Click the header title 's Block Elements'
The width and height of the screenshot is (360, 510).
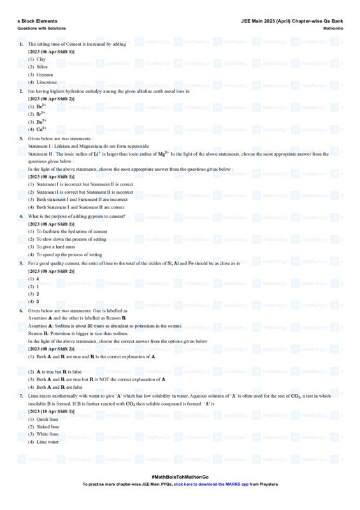tap(37, 21)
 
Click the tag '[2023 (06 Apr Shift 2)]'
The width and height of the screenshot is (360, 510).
tap(51, 99)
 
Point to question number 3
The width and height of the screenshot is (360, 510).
tap(21, 138)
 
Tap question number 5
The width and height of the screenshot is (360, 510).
tap(21, 263)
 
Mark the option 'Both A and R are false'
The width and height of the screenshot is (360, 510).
tap(59, 387)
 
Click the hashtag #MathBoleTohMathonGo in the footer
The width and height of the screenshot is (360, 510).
tap(180, 477)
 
